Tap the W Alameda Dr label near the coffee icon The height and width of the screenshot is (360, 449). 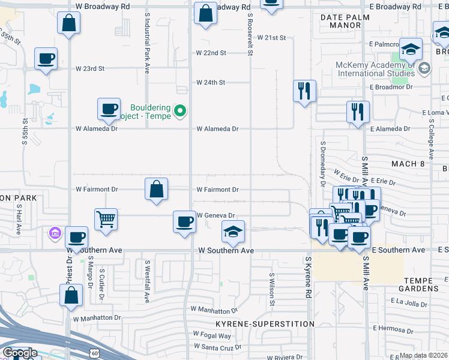point(96,128)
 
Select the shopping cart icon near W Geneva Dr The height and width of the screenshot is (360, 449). point(106,220)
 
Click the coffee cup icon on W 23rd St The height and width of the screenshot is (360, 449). point(46,59)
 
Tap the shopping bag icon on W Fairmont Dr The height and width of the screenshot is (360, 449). point(156,189)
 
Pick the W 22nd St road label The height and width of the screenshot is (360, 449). point(211,53)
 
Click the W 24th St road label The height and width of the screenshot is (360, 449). point(211,82)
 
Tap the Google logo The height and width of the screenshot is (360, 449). point(19,353)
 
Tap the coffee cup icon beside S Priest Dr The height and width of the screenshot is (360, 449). point(76,237)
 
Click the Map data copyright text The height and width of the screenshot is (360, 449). point(424,355)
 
